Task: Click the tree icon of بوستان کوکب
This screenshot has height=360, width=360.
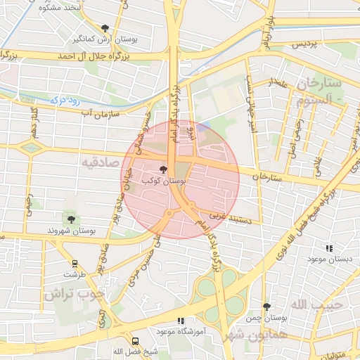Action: tap(164, 169)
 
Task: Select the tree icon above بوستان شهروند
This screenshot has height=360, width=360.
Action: tap(70, 219)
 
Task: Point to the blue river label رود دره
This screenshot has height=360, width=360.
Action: tap(67, 101)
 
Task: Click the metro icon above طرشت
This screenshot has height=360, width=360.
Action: tap(74, 264)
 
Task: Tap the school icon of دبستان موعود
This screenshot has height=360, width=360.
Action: tap(329, 248)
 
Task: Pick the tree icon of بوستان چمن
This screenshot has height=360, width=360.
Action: tap(266, 307)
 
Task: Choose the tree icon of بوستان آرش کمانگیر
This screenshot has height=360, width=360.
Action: tap(105, 28)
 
